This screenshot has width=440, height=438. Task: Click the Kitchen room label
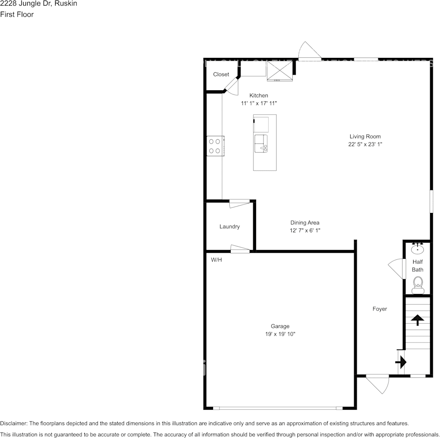(258, 95)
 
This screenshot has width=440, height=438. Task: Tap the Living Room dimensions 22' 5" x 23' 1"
(365, 144)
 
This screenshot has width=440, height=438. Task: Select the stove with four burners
(214, 146)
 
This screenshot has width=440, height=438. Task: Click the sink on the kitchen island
(261, 144)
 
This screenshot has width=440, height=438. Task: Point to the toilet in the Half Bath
(418, 284)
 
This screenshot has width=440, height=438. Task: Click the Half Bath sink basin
(418, 249)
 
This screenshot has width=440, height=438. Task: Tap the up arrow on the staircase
(417, 319)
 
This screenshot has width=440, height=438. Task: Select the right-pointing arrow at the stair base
(401, 361)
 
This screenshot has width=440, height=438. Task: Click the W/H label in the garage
(216, 260)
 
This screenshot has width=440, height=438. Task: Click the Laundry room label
(229, 226)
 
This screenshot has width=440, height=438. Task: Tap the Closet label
(221, 74)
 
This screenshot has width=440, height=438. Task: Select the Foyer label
(380, 309)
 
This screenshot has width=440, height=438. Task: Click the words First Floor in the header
(17, 14)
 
